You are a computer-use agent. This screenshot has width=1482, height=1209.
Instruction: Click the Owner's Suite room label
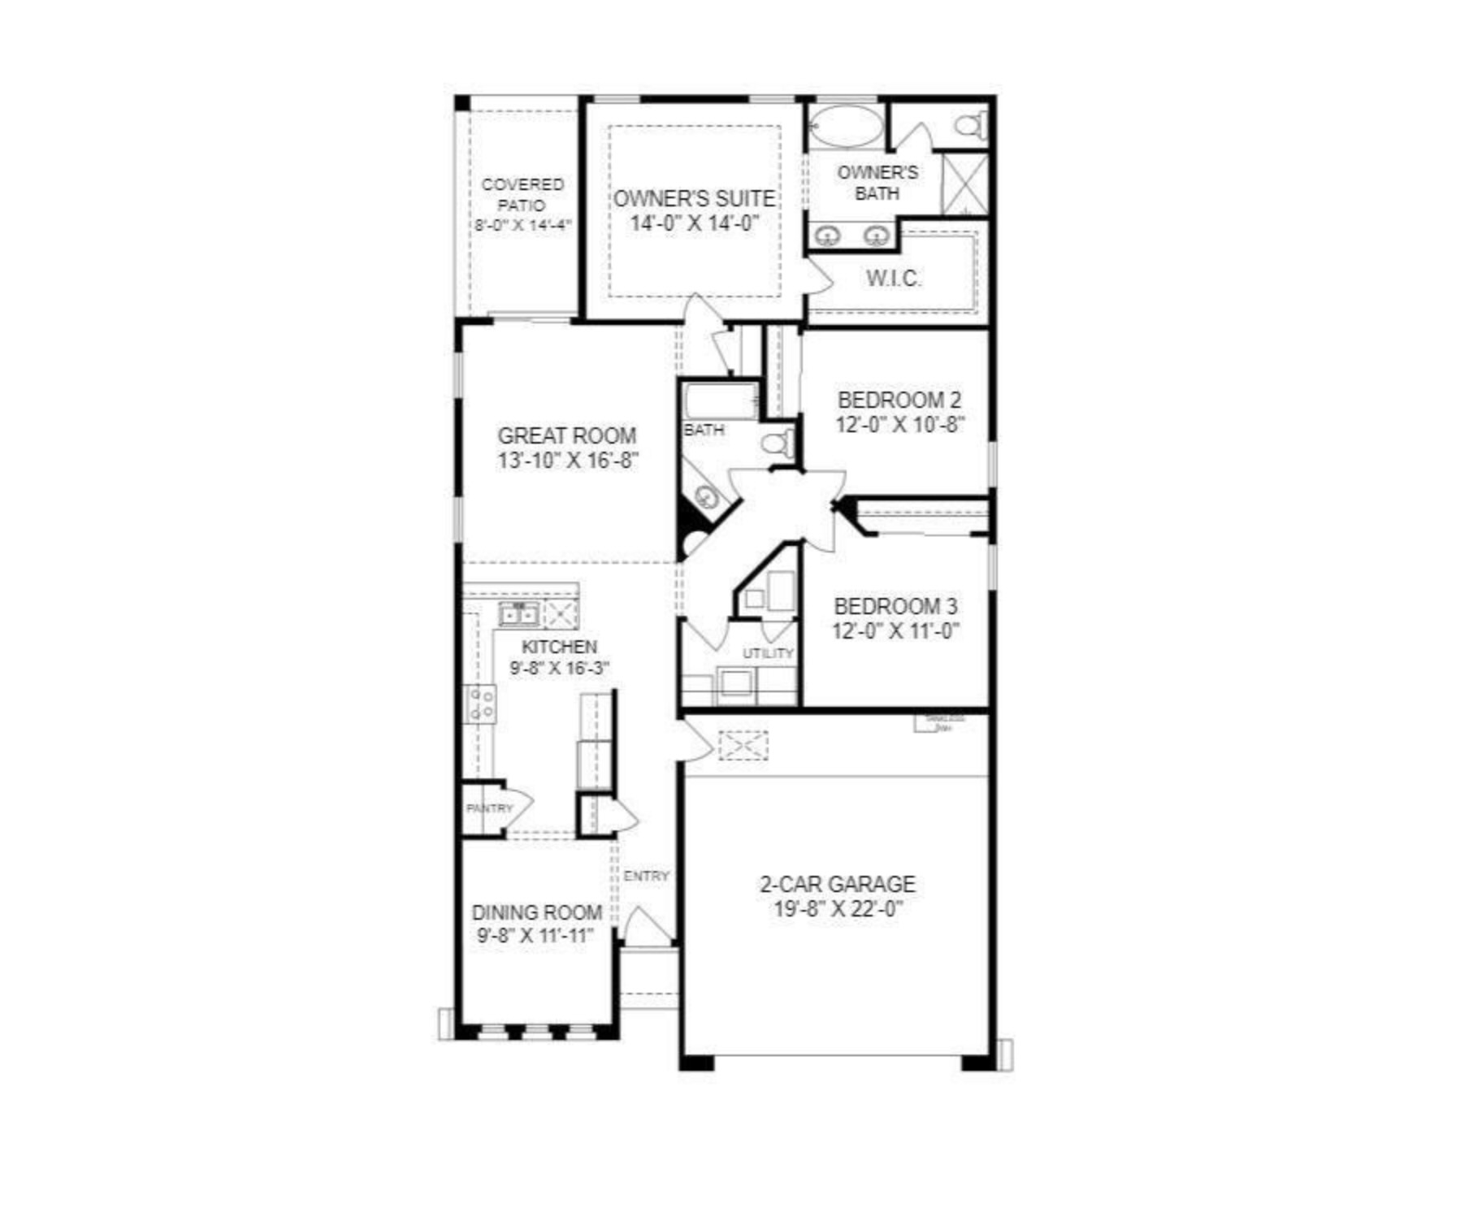(x=693, y=199)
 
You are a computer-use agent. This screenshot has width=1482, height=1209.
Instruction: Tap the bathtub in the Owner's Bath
(x=844, y=128)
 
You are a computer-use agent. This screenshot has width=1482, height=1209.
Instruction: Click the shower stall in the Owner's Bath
(x=964, y=184)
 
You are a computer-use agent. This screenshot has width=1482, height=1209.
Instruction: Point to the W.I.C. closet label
(x=893, y=279)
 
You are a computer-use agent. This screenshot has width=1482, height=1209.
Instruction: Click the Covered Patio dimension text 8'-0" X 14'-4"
(x=523, y=225)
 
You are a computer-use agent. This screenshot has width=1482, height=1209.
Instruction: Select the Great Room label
(x=566, y=435)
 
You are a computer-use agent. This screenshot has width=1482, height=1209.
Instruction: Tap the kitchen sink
(x=518, y=614)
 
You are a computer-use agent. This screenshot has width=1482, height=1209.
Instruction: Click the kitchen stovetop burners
(x=479, y=704)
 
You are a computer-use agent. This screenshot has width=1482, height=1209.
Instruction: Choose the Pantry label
(x=489, y=808)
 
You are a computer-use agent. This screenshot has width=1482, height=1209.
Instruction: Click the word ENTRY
(x=647, y=876)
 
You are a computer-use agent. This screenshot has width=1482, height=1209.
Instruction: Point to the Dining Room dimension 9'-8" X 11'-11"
(x=535, y=936)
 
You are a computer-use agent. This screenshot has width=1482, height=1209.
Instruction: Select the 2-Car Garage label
(x=837, y=884)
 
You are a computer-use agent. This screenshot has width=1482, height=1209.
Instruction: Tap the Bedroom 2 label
(x=899, y=400)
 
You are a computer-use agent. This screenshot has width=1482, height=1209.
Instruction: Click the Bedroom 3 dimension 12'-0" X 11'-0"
(x=895, y=631)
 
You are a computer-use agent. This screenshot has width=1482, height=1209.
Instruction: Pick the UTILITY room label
(x=767, y=653)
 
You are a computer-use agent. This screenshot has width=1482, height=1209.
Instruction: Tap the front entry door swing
(x=646, y=926)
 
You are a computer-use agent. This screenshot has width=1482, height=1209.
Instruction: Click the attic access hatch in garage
(x=743, y=745)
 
